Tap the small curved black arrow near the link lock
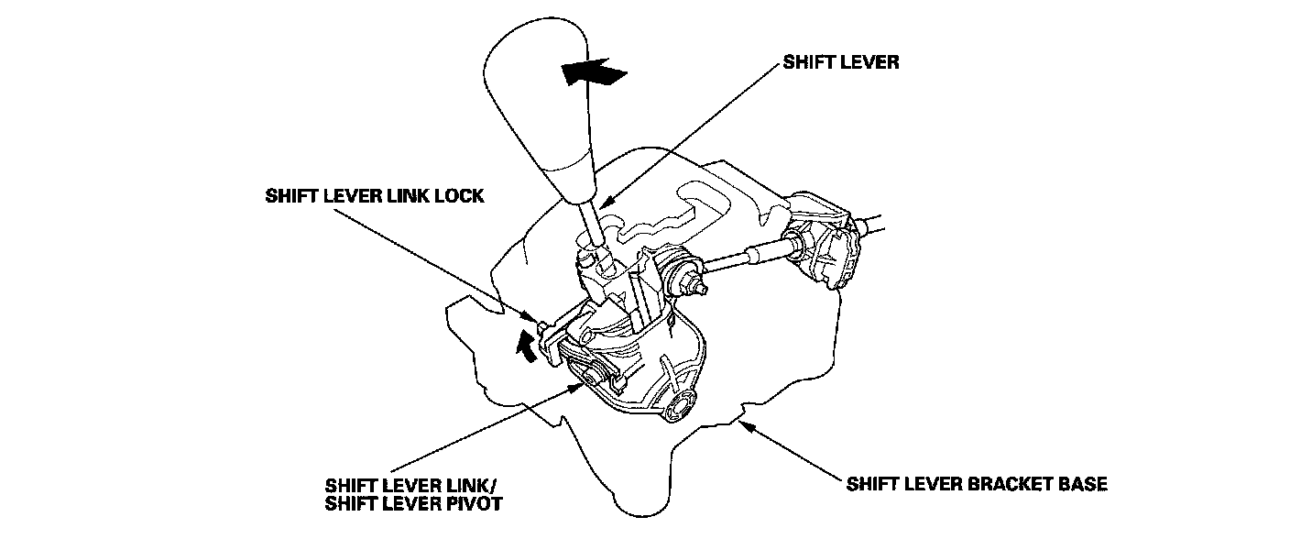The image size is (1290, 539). pos(526,346)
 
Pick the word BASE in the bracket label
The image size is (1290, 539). pos(1081,483)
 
